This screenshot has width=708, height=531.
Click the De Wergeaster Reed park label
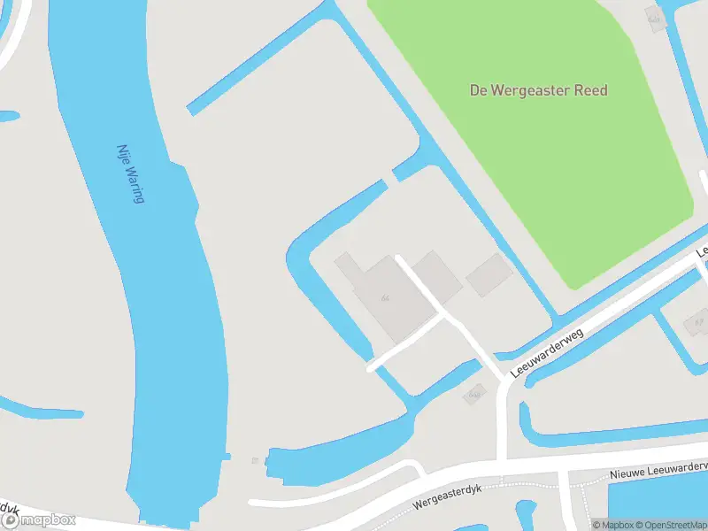pyautogui.click(x=538, y=90)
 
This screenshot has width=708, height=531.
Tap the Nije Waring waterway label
pyautogui.click(x=131, y=174)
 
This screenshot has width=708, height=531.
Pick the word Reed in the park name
pyautogui.click(x=592, y=90)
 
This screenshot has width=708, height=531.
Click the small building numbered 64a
pyautogui.click(x=474, y=392)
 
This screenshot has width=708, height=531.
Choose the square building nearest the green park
pyautogui.click(x=489, y=275)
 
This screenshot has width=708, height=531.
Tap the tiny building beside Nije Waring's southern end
pyautogui.click(x=255, y=460)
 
